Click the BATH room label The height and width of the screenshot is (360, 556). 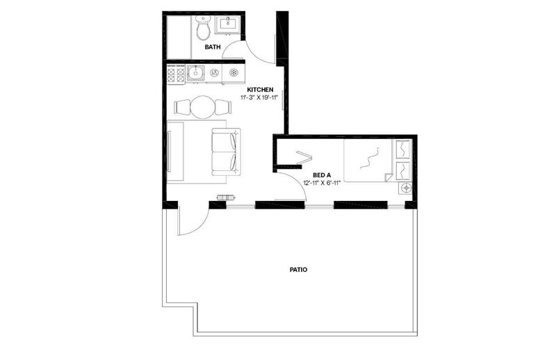pyautogui.click(x=213, y=47)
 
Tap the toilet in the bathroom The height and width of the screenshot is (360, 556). pyautogui.click(x=203, y=28)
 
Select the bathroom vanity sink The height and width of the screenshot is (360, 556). pyautogui.click(x=229, y=24)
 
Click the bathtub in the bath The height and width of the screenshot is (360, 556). pyautogui.click(x=179, y=38)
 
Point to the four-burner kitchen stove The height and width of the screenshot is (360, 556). pyautogui.click(x=177, y=74)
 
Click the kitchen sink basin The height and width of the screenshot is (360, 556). pyautogui.click(x=195, y=74)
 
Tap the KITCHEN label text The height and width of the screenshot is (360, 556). pyautogui.click(x=260, y=90)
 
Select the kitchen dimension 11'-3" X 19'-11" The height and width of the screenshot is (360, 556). pyautogui.click(x=260, y=97)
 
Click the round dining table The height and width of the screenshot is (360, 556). pyautogui.click(x=202, y=107)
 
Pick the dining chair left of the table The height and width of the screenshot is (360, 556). pyautogui.click(x=183, y=107)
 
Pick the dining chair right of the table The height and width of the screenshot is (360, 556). pyautogui.click(x=223, y=107)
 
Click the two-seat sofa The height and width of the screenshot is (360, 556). pyautogui.click(x=226, y=152)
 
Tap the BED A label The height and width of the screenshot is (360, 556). pyautogui.click(x=322, y=175)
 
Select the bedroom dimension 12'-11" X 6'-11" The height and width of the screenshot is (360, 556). pyautogui.click(x=322, y=183)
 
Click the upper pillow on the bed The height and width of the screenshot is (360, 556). pyautogui.click(x=402, y=149)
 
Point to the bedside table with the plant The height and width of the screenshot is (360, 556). pyautogui.click(x=406, y=188)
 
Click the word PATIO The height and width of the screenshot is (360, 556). pyautogui.click(x=299, y=270)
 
